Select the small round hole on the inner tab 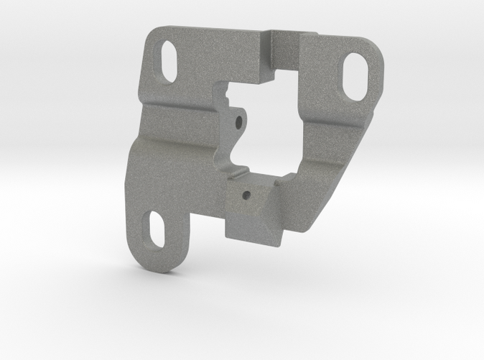point(236,122)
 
